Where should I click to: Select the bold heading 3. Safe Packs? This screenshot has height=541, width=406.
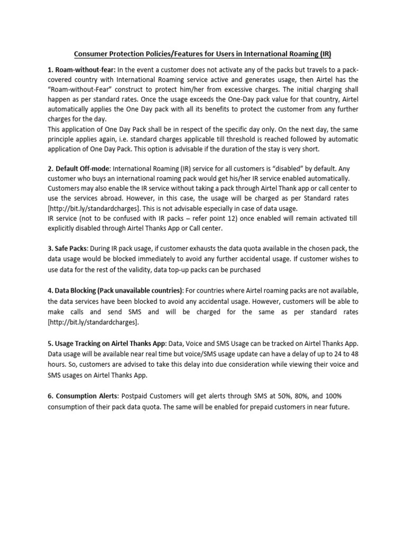tap(68, 248)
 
